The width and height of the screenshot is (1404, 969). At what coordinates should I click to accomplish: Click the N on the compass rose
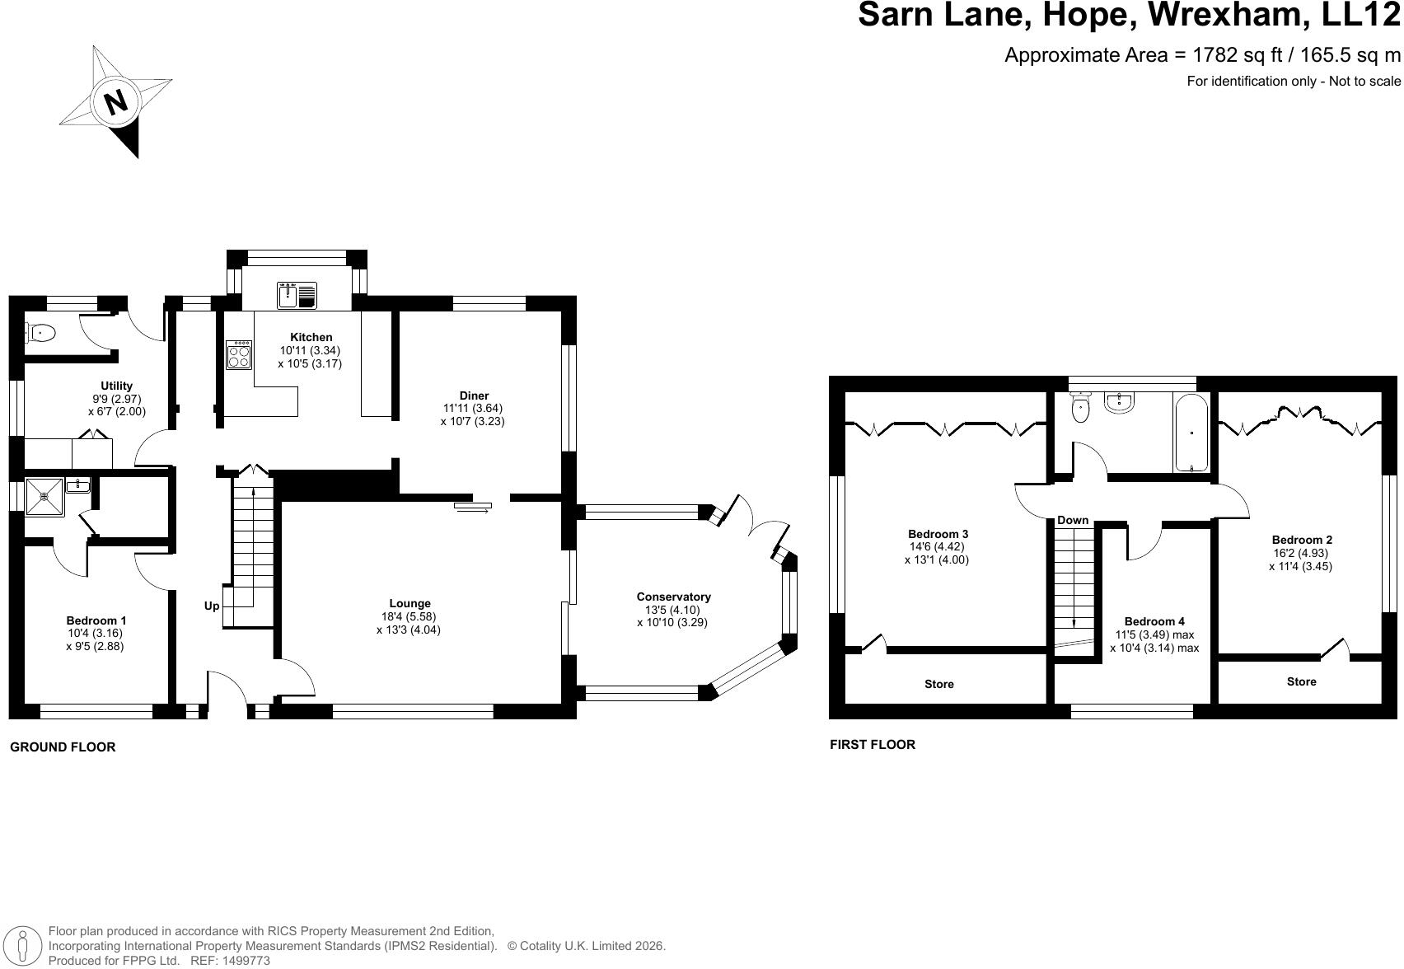[x=116, y=101]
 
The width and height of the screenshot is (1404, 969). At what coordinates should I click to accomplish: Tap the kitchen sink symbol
[x=297, y=295]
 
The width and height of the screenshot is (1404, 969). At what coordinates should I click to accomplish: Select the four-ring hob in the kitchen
[x=239, y=355]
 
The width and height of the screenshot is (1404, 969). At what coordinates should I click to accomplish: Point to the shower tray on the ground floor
[x=44, y=497]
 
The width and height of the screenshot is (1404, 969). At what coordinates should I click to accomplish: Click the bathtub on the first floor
[x=1191, y=433]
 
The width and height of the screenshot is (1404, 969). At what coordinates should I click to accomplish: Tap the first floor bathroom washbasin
[x=1118, y=402]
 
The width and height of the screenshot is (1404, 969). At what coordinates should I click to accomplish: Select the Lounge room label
[x=410, y=604]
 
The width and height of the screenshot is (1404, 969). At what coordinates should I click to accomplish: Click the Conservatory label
[x=673, y=597]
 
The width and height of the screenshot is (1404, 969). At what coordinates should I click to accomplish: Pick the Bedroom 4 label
[x=1154, y=621]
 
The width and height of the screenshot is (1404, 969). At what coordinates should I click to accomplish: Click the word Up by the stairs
[x=212, y=606]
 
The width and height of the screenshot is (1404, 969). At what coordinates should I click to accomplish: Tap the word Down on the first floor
[x=1073, y=520]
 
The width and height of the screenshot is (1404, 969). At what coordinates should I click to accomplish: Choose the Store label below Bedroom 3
[x=939, y=684]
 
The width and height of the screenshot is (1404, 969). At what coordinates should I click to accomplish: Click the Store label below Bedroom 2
[x=1301, y=681]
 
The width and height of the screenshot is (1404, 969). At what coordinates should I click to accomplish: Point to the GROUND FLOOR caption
[x=63, y=747]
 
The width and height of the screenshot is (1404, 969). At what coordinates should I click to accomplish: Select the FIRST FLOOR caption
[x=873, y=745]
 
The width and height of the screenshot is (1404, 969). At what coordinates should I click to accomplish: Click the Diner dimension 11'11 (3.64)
[x=473, y=408]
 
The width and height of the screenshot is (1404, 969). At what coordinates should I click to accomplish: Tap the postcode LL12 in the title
[x=1360, y=14]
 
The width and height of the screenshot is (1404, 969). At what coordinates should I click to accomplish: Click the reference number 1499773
[x=247, y=961]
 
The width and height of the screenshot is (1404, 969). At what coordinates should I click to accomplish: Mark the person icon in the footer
[x=24, y=946]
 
